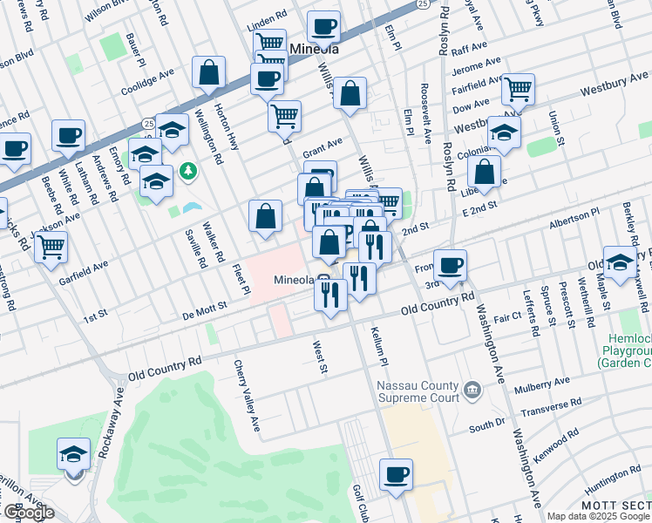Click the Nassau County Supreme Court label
(417, 391)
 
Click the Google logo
(28, 513)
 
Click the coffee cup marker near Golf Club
(397, 475)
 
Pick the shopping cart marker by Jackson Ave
(51, 248)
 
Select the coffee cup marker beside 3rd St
(450, 266)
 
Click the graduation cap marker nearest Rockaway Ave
(74, 454)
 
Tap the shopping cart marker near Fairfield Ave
(518, 88)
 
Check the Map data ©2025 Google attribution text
(598, 515)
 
